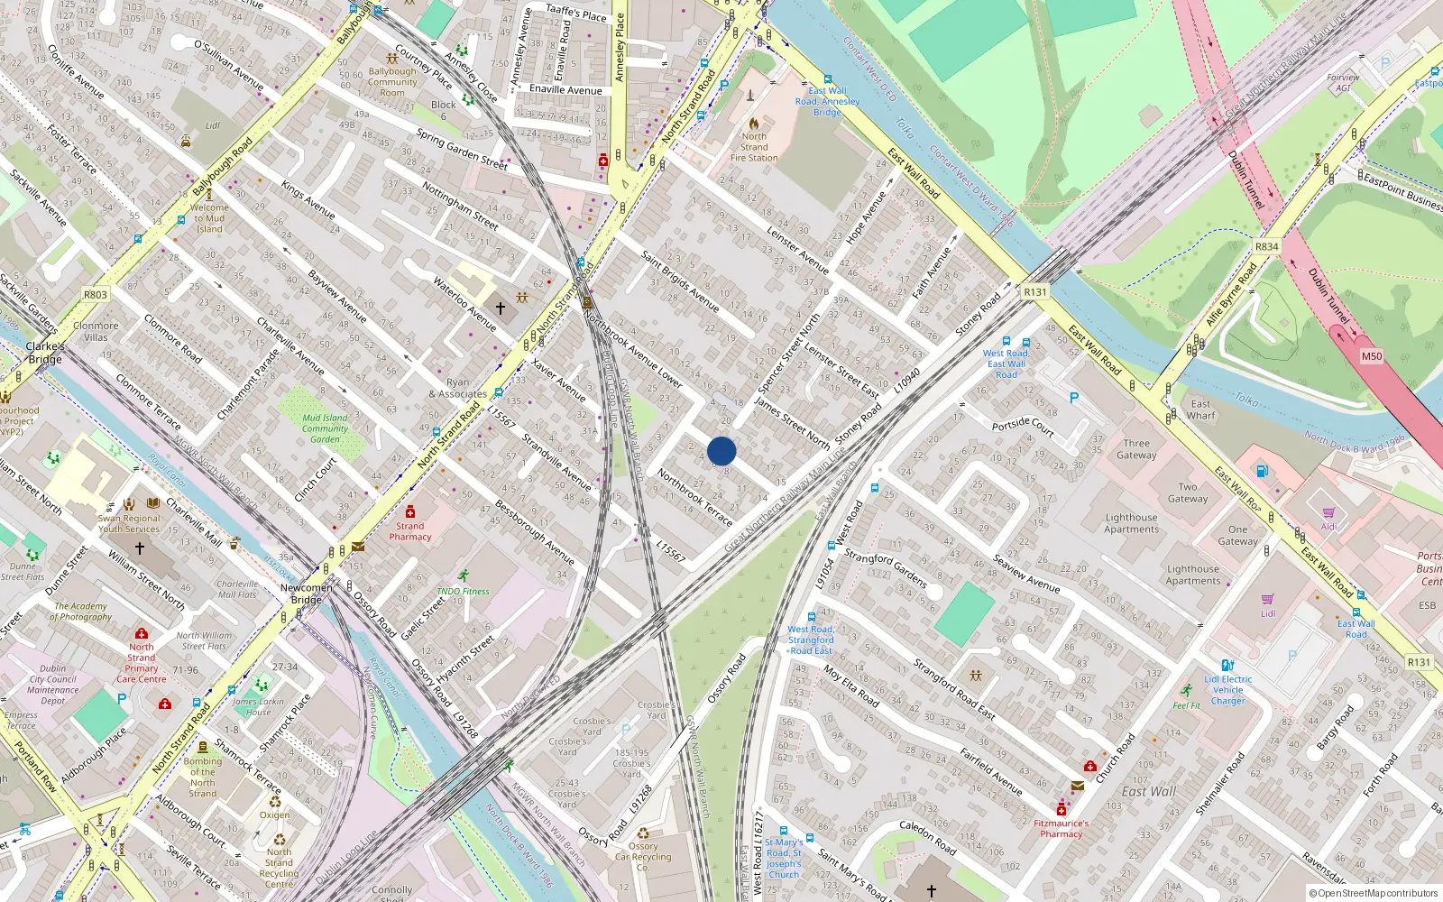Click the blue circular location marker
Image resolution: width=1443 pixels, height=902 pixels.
point(721,451)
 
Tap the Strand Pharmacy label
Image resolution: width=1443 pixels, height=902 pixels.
point(410,531)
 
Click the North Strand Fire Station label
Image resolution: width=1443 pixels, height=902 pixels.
point(754,147)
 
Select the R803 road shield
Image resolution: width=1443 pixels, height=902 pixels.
point(95,295)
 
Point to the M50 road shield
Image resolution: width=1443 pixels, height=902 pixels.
point(1371,356)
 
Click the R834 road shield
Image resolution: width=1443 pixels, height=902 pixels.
point(1266,247)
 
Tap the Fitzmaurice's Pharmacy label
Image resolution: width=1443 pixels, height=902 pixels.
point(1061,828)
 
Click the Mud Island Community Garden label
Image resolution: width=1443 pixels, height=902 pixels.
point(325,428)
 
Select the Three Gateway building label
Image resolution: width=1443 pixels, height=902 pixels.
point(1136,449)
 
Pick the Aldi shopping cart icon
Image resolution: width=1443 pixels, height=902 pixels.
point(1328,513)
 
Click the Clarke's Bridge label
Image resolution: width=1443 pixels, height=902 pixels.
point(45,353)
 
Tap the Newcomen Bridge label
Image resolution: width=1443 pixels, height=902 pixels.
point(307,594)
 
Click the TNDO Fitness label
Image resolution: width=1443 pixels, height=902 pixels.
point(463,592)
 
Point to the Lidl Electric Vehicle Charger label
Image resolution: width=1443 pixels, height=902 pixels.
point(1227,690)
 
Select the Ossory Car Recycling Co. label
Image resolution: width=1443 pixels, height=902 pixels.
point(643,857)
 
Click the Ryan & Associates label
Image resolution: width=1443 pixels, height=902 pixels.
point(458,388)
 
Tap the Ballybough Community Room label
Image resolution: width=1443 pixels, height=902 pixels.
point(392,82)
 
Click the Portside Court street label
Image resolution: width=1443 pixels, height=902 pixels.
point(1023,426)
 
